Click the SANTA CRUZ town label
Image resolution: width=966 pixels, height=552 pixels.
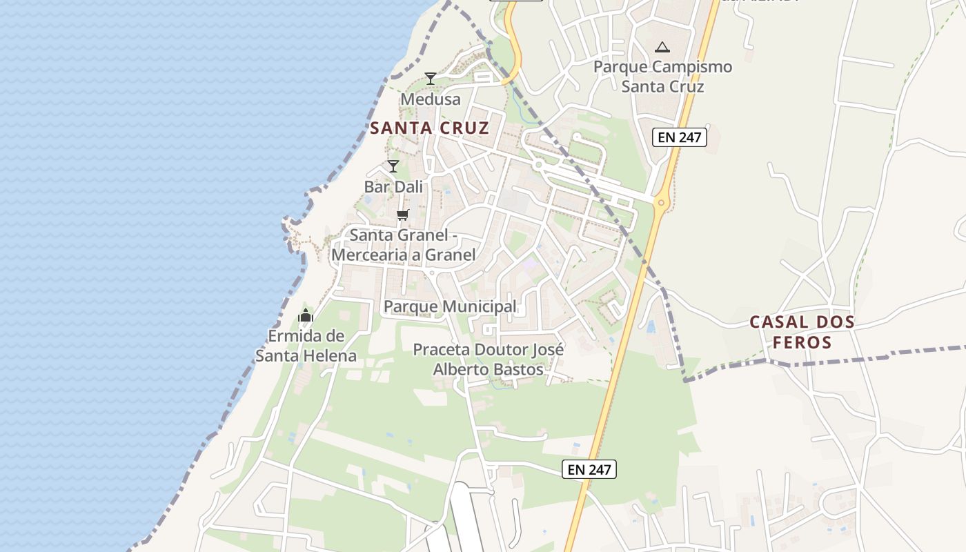(x=429, y=128)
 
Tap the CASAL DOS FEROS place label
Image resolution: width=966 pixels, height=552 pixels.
(x=802, y=332)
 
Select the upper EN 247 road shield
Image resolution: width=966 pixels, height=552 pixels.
(x=680, y=137)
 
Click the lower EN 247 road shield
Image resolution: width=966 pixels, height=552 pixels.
(x=589, y=469)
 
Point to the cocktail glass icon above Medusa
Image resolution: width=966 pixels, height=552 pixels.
(x=431, y=79)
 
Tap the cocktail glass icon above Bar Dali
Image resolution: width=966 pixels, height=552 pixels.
(x=393, y=166)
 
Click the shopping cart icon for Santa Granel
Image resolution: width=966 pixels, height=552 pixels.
(x=403, y=215)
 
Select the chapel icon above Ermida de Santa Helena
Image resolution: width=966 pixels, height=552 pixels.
(x=306, y=316)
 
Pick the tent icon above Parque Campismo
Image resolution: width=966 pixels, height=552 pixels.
(x=662, y=47)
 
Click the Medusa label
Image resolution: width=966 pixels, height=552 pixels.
(x=431, y=99)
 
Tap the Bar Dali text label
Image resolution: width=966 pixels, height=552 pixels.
(x=393, y=187)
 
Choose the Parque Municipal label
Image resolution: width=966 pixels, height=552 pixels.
(x=450, y=306)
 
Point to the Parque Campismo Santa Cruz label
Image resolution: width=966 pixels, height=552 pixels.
(x=662, y=77)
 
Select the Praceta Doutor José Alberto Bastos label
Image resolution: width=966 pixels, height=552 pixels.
(x=489, y=359)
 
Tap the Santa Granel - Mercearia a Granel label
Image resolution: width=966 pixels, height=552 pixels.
(x=404, y=245)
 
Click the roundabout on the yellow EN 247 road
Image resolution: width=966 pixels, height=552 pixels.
(x=661, y=203)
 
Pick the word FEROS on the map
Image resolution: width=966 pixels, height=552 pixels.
(x=802, y=342)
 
